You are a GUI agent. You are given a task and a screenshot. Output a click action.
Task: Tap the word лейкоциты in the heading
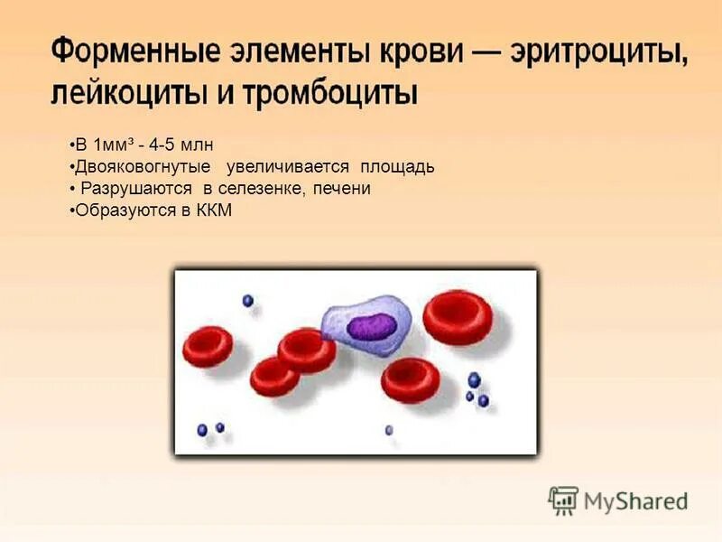pyautogui.click(x=122, y=92)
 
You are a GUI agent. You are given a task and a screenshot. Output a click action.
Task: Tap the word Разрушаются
pyautogui.click(x=136, y=189)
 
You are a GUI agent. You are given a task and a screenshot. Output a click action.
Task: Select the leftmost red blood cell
pyautogui.click(x=208, y=347)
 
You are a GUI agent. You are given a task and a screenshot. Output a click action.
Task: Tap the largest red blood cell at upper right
pyautogui.click(x=458, y=317)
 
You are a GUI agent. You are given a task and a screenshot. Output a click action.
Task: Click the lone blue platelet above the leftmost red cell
pyautogui.click(x=247, y=301)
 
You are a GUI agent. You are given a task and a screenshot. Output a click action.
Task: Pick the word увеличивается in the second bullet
pyautogui.click(x=289, y=167)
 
